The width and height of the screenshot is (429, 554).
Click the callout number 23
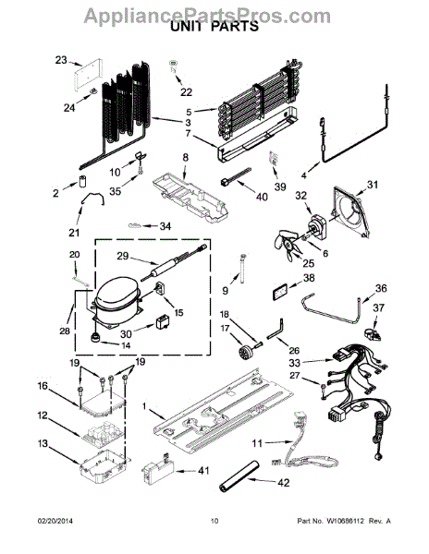[x=61, y=60]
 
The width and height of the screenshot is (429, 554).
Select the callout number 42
[x=284, y=482]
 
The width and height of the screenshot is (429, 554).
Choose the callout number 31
[x=372, y=185]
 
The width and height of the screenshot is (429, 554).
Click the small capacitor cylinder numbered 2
[x=83, y=181]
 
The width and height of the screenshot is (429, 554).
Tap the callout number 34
[x=165, y=226]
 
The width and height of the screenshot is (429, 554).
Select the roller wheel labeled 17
[x=244, y=353]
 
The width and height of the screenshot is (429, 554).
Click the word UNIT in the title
[x=186, y=26]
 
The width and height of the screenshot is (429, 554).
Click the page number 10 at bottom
[x=214, y=521]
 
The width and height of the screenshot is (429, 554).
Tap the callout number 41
[x=203, y=470]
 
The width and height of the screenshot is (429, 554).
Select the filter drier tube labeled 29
[x=173, y=263]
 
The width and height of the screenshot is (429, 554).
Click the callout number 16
[x=43, y=385]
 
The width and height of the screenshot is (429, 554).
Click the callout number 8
[x=186, y=158]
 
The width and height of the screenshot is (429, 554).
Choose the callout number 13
[x=43, y=443]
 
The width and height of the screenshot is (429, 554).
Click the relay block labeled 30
[x=163, y=321]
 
